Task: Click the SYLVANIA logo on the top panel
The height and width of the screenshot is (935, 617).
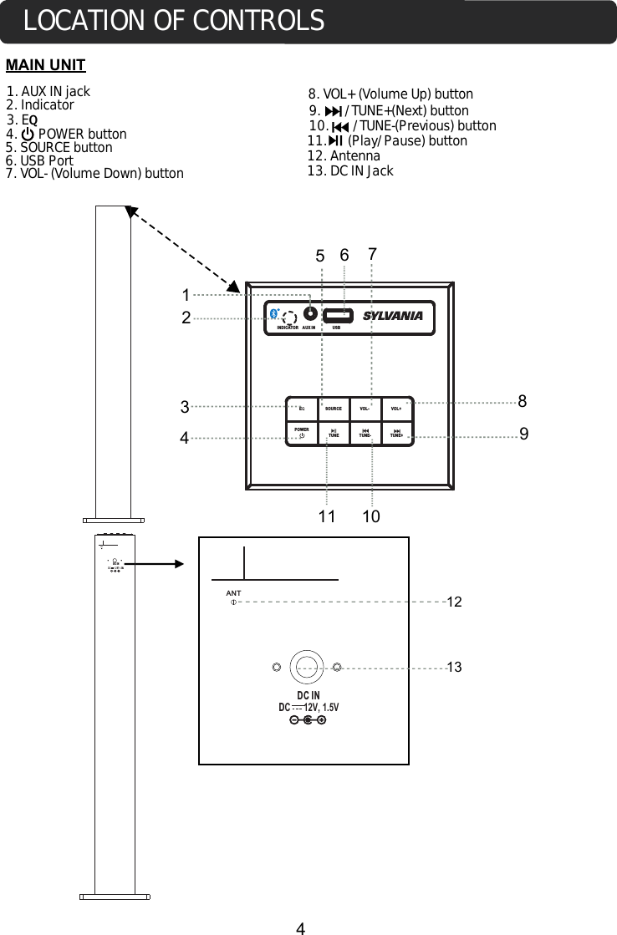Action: pos(393,316)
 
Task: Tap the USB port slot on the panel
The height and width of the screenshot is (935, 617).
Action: pos(339,315)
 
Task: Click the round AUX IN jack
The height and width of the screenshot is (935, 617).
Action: pos(310,314)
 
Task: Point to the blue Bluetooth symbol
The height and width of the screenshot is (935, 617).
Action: pos(274,313)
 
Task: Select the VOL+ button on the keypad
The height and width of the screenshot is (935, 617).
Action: pos(396,409)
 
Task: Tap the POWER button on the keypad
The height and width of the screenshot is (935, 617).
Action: pos(302,432)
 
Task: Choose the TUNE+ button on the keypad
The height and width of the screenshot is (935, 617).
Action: pos(396,432)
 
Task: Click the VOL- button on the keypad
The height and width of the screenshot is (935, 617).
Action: pos(365,409)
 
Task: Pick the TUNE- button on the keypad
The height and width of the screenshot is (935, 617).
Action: pos(365,432)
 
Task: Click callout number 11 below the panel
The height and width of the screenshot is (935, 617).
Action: pos(327,517)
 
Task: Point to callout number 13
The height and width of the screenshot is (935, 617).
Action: pos(455,667)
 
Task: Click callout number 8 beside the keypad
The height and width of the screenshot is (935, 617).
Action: pos(523,401)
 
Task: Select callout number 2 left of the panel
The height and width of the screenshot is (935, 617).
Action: pos(187,318)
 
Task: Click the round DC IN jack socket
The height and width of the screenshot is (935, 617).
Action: pos(307,667)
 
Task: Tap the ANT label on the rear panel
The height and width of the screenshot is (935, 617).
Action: pos(233,593)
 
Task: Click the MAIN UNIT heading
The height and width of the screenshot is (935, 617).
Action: pos(46,65)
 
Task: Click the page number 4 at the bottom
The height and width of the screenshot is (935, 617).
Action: pos(301,927)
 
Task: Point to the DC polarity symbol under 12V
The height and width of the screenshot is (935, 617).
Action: pos(308,721)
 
